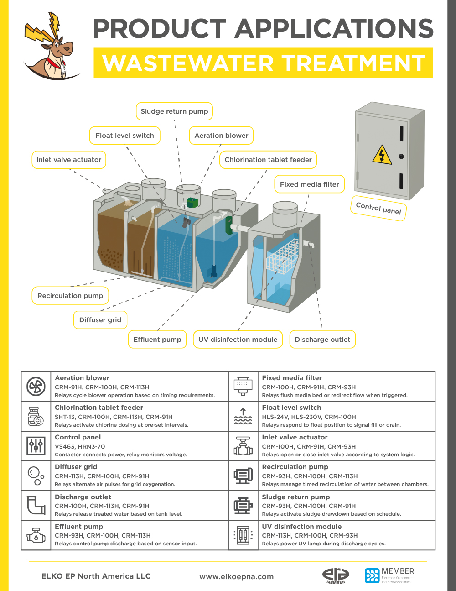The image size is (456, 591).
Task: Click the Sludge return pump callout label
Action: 174,111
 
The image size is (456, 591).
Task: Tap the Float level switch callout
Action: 124,136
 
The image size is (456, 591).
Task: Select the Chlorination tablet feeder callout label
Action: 268,160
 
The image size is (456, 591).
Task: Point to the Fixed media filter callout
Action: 309,184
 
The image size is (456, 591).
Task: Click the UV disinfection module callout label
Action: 238,340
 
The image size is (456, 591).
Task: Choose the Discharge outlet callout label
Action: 322,340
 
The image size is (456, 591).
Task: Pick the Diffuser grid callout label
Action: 100,320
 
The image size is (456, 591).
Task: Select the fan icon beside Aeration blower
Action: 36,387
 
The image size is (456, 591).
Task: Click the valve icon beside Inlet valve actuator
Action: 243,446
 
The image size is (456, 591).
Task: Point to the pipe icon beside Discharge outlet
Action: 36,506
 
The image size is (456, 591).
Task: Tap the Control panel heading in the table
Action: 78,437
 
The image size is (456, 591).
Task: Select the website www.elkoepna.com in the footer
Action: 236,576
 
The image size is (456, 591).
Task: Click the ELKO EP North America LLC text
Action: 96,576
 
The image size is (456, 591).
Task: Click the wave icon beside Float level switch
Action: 243,416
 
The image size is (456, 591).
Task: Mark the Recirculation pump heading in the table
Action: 295,467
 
